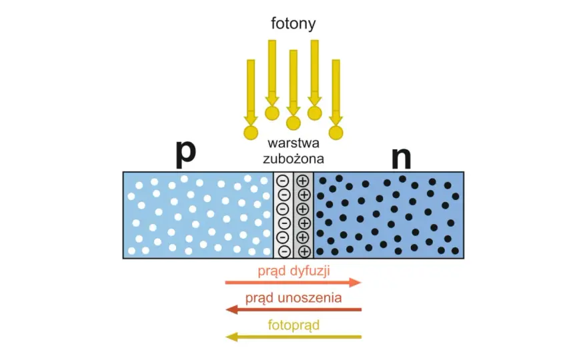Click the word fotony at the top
click(293, 23)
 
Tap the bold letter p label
click(186, 153)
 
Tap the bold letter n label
click(402, 157)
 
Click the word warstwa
click(293, 143)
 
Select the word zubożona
click(293, 158)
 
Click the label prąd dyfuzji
click(294, 271)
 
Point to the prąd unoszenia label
click(293, 298)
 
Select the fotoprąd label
click(294, 325)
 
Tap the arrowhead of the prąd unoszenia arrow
click(231, 309)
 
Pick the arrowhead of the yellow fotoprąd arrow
click(231, 337)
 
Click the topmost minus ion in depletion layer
click(283, 181)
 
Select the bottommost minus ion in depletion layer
click(285, 251)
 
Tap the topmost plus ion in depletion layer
click(302, 181)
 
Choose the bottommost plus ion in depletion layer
click(304, 251)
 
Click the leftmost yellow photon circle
click(251, 133)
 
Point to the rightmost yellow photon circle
click(336, 133)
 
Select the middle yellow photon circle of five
click(293, 123)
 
